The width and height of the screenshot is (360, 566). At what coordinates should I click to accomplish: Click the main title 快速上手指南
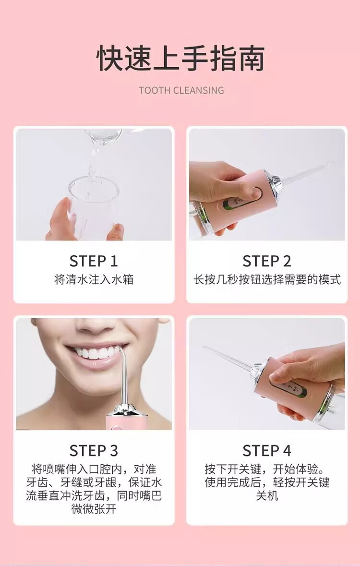tap(180, 58)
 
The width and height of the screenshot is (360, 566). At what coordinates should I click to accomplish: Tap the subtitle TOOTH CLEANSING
tap(181, 90)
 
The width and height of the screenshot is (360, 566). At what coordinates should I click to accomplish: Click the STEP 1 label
tap(94, 261)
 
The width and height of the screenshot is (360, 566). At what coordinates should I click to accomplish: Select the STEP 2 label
tap(267, 261)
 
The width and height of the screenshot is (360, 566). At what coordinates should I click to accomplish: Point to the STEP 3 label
tap(94, 450)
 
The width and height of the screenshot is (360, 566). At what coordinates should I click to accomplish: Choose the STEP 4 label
tap(267, 450)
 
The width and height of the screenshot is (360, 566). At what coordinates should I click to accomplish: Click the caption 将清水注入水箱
tap(94, 279)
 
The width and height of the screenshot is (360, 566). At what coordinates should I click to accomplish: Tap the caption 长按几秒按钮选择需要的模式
tap(267, 279)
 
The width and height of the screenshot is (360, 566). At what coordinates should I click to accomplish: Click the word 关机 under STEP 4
tap(267, 495)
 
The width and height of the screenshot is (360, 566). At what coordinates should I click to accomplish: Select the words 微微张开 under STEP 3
tap(94, 509)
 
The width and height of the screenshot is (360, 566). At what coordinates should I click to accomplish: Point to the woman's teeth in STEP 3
tap(97, 352)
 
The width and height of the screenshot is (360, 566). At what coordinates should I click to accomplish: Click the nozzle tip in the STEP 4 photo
tap(204, 348)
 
